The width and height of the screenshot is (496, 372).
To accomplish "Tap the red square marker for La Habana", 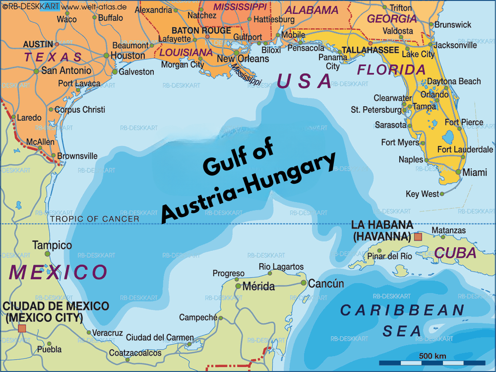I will (x=418, y=237).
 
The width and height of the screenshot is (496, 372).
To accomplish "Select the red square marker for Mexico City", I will (x=22, y=328).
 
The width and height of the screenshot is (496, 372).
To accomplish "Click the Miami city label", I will (x=475, y=172).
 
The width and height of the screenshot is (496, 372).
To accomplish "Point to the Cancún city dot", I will (x=304, y=283).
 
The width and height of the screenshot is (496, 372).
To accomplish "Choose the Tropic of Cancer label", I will (x=95, y=219).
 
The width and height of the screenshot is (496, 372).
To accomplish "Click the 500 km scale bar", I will (x=432, y=363).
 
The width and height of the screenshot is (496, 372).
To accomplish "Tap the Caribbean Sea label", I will (x=402, y=320).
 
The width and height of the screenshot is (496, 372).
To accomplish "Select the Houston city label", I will (x=127, y=56).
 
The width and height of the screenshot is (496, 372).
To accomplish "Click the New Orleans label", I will (x=243, y=59).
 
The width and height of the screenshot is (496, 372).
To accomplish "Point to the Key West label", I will (x=422, y=194).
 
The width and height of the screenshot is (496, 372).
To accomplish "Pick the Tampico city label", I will (x=52, y=245).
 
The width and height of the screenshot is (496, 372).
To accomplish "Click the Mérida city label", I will (x=258, y=287).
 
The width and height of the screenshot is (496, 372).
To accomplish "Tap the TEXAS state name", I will (x=54, y=57).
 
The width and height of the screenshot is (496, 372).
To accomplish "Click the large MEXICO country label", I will (x=58, y=272).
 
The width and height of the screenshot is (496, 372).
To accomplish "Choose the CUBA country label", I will (x=455, y=253).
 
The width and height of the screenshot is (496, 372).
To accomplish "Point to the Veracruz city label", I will (x=107, y=333).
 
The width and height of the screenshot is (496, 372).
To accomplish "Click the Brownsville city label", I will (x=77, y=156).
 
